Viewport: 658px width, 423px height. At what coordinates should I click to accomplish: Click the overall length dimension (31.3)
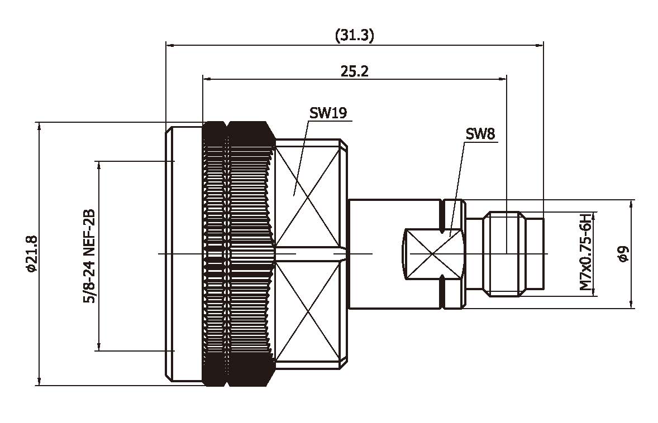pos(354,36)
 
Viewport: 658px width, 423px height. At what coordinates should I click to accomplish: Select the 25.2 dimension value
pos(354,71)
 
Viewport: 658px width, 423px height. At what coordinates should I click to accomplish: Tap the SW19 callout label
pos(328,113)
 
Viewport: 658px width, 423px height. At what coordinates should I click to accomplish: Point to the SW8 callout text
pos(480,134)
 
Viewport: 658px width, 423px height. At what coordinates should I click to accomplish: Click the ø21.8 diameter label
pos(31,254)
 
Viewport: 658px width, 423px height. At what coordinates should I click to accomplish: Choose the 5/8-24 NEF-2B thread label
pos(88,256)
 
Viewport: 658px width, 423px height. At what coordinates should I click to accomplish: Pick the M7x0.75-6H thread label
pos(585,252)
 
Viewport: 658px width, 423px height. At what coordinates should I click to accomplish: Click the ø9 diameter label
pos(623,254)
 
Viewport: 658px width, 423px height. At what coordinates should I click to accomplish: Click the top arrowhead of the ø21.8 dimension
pos(39,126)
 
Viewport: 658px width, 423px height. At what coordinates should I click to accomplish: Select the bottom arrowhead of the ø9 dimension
pos(632,304)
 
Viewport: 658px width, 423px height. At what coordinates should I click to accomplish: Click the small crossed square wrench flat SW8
pos(433,253)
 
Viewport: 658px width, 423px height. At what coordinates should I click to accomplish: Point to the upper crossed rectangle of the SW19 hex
pos(307,195)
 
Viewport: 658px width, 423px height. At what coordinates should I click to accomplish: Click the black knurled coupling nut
pos(237,254)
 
